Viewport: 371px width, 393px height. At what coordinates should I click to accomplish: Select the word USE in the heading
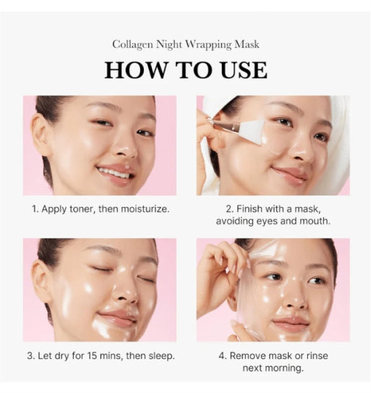(x=242, y=70)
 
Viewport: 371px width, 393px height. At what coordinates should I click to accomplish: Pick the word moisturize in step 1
(x=143, y=209)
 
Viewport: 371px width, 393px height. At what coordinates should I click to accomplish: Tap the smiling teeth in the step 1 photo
(x=114, y=173)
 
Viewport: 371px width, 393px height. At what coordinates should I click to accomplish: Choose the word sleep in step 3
(x=158, y=355)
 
